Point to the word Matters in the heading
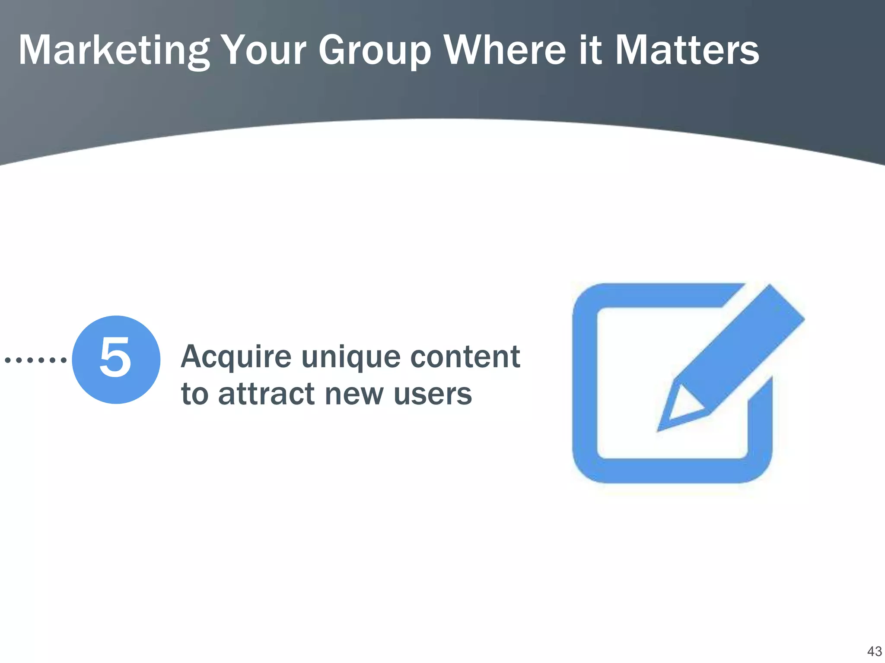point(687,51)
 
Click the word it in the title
point(590,51)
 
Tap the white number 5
point(115,358)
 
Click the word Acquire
point(236,357)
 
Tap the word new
point(354,395)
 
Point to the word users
point(433,395)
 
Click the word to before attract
point(194,394)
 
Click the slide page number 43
point(874,651)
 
